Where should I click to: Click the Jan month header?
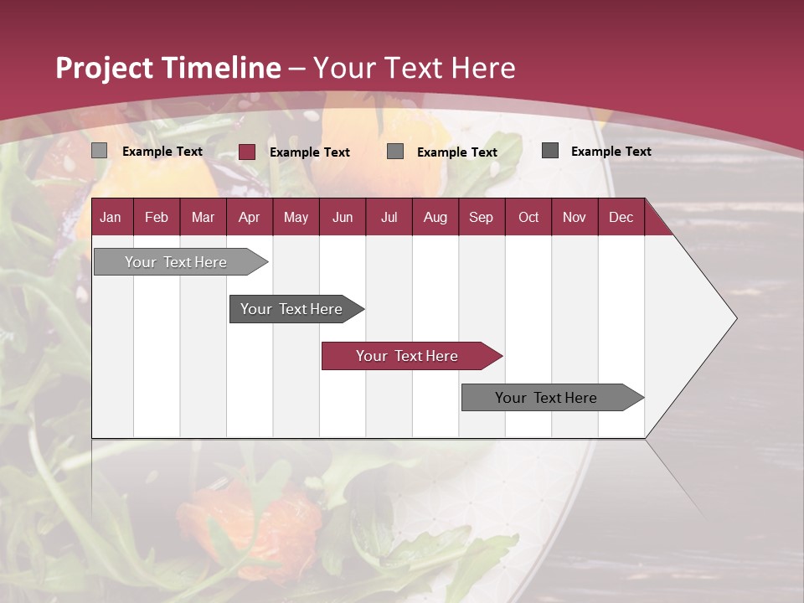tap(111, 217)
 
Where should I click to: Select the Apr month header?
tap(249, 217)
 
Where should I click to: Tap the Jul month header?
tap(389, 217)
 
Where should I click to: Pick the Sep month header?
tap(481, 217)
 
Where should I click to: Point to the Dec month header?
tap(621, 217)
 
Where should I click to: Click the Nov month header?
tap(574, 217)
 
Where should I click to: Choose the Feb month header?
tap(157, 217)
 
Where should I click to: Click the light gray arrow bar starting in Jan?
tap(176, 262)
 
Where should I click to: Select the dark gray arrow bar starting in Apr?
tap(291, 309)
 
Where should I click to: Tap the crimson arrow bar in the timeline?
tap(407, 356)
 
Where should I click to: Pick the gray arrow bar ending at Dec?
tap(546, 398)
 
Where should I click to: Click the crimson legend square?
tap(247, 152)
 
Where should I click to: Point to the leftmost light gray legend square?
tap(100, 151)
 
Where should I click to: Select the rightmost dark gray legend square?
tap(550, 151)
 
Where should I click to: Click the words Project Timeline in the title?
tap(167, 68)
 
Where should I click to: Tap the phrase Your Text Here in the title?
tap(414, 68)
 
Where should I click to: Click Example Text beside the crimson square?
tap(310, 152)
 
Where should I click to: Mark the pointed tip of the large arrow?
tap(735, 318)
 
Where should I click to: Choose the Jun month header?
tap(343, 217)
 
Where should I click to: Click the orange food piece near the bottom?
tap(276, 519)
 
